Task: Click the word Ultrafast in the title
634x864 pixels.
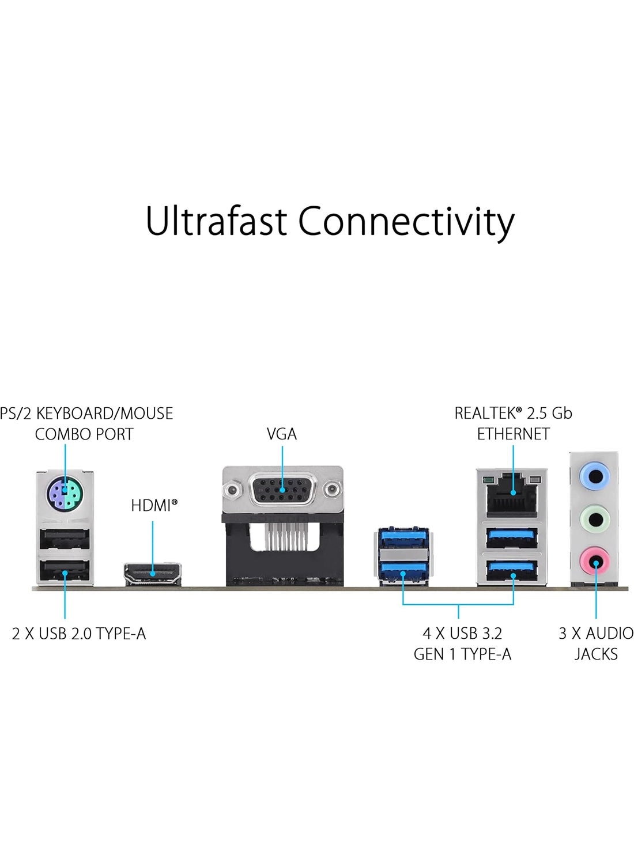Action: [216, 221]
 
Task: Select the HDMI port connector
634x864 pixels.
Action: [152, 573]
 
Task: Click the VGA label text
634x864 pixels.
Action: [281, 434]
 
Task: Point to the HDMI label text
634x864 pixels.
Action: [151, 506]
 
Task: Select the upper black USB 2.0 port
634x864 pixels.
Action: [65, 541]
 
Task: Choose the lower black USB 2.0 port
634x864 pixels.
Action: [65, 573]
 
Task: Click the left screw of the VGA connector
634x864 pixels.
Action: [233, 491]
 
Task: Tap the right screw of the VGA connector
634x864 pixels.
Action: [332, 491]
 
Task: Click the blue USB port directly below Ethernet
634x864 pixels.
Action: [512, 538]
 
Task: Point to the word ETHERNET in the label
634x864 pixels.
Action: [513, 434]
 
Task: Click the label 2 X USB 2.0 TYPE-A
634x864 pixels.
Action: [79, 634]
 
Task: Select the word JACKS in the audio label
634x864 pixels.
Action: [596, 654]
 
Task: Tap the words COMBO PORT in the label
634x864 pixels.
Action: [84, 434]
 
